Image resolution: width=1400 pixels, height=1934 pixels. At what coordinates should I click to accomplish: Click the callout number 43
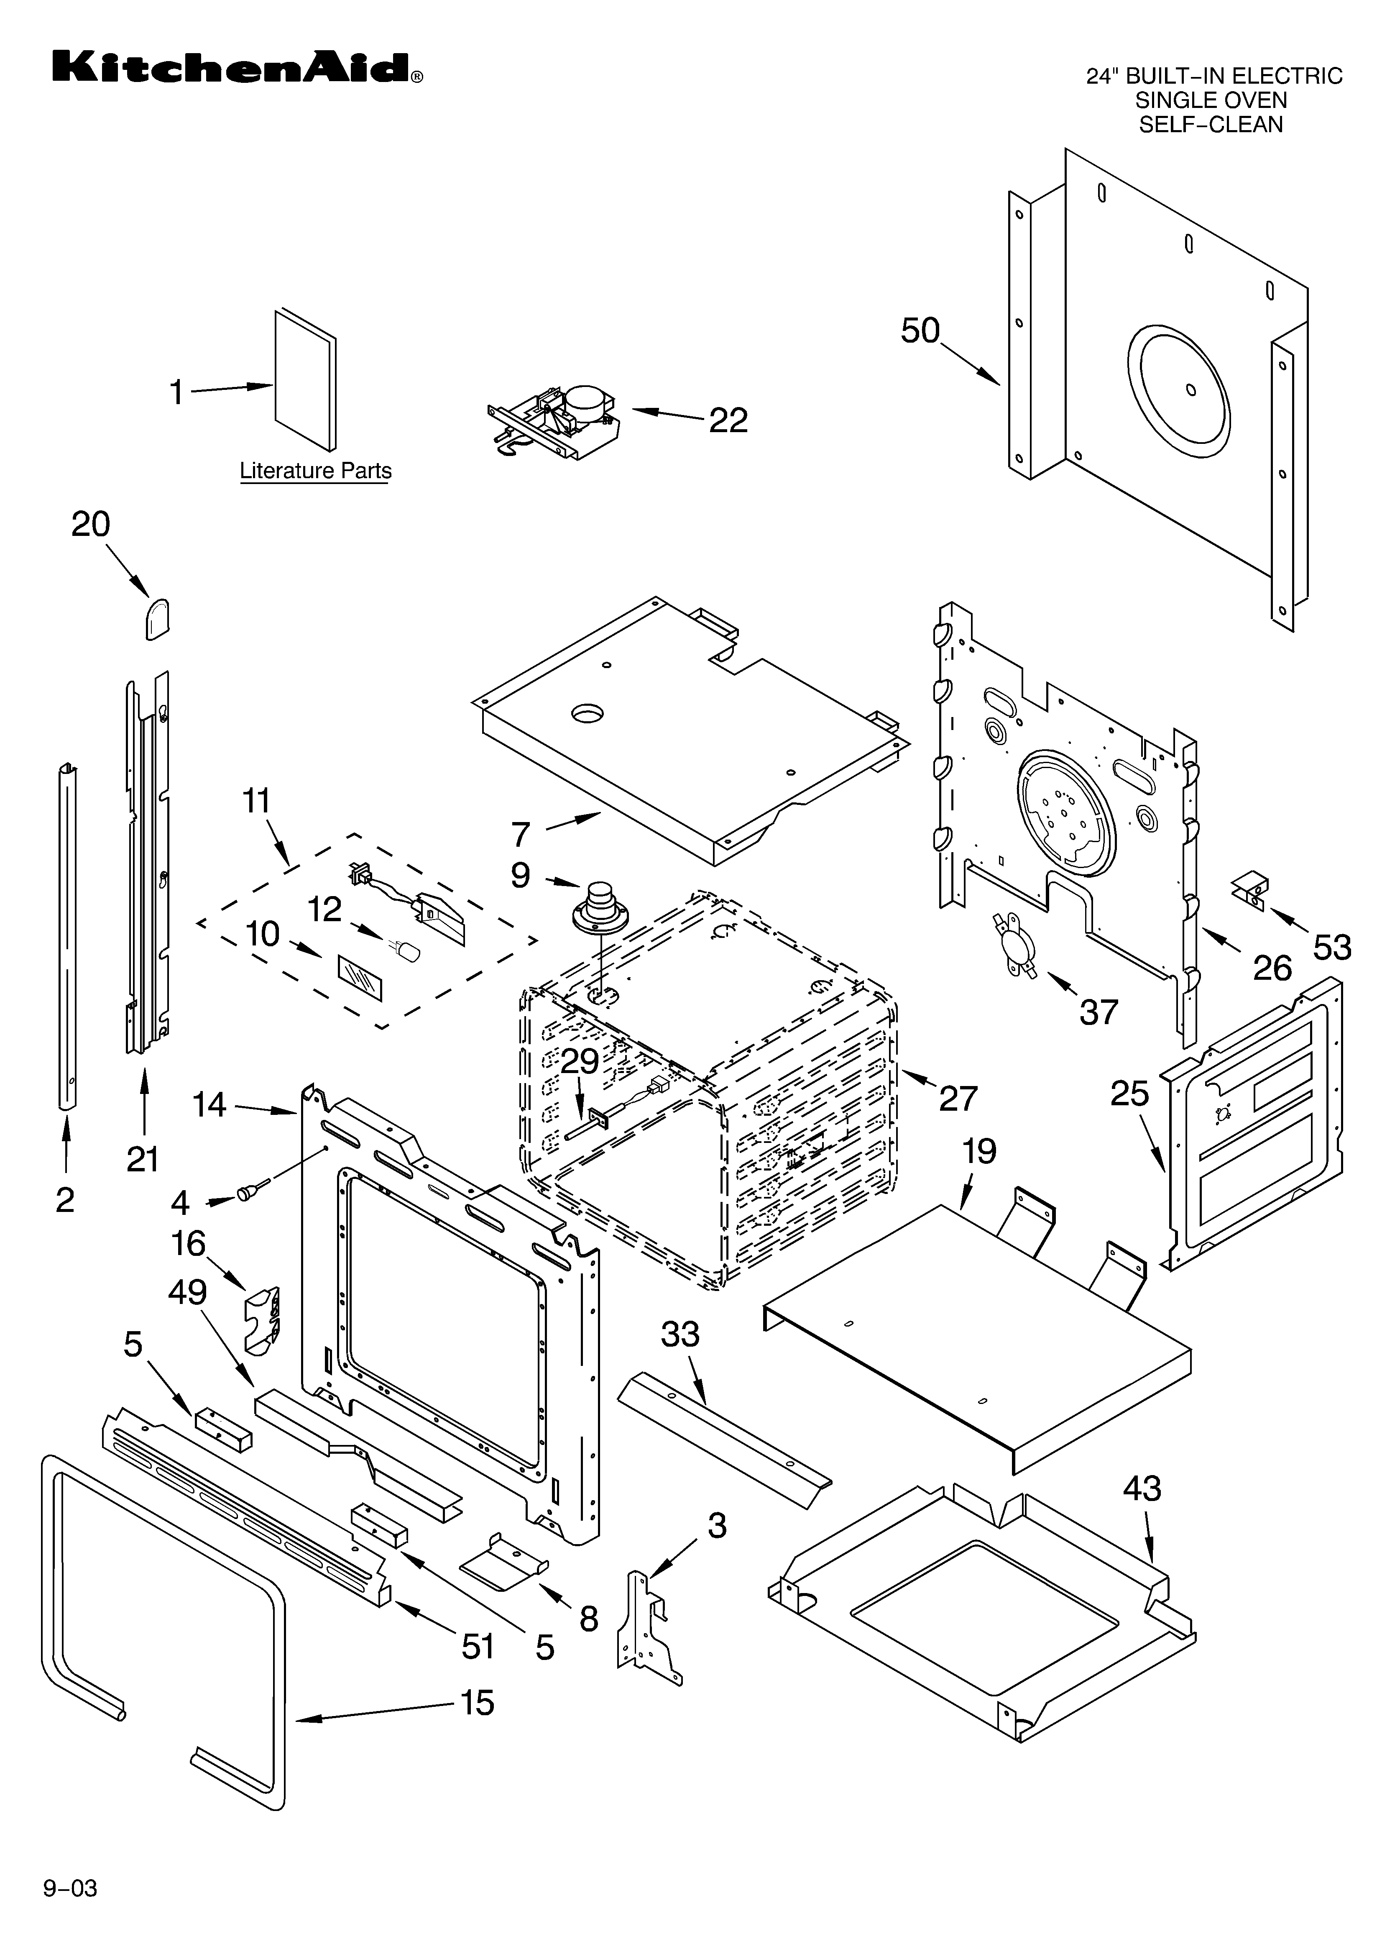(x=1142, y=1489)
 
